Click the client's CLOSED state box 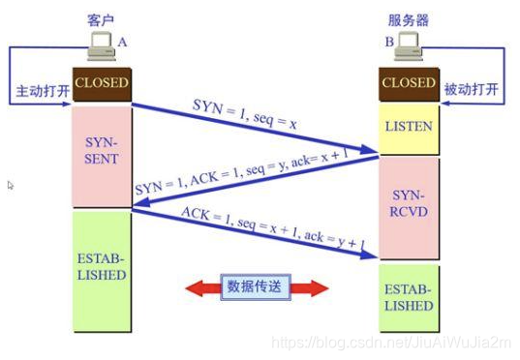click(x=101, y=84)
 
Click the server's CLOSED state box click(x=408, y=84)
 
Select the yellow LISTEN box click(x=408, y=127)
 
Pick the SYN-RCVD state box click(x=408, y=207)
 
